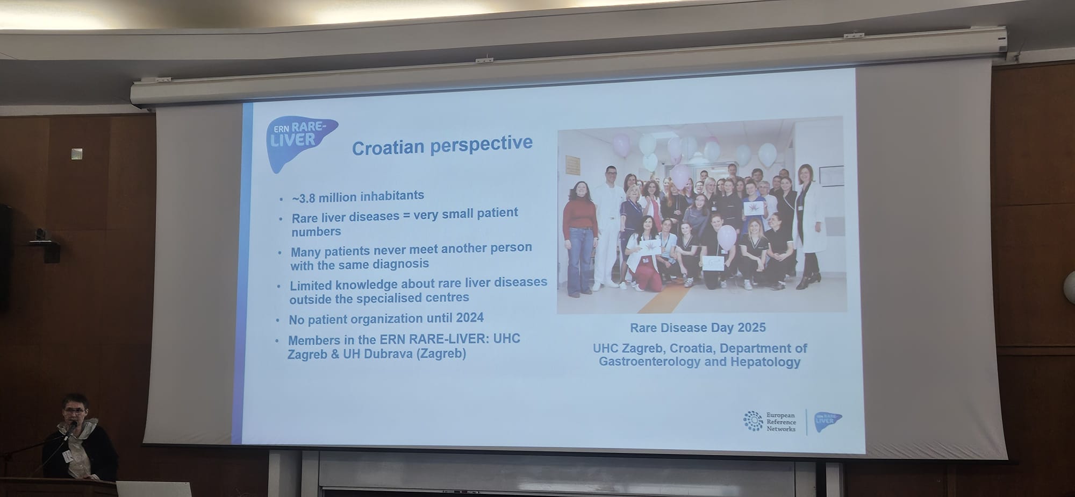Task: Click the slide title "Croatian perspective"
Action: (x=442, y=145)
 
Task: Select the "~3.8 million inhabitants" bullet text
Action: (x=358, y=197)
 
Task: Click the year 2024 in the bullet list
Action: (x=470, y=317)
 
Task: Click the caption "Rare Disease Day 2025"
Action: (x=698, y=328)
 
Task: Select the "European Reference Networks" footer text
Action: (x=781, y=422)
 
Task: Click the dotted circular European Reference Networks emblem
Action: (x=753, y=421)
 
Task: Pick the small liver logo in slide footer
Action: (x=828, y=422)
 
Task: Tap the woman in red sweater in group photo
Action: (x=579, y=238)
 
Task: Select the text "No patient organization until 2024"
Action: (x=386, y=318)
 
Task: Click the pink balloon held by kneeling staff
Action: (x=726, y=237)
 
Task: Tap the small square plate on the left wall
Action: (x=77, y=153)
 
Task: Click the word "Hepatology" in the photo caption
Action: (x=765, y=362)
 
